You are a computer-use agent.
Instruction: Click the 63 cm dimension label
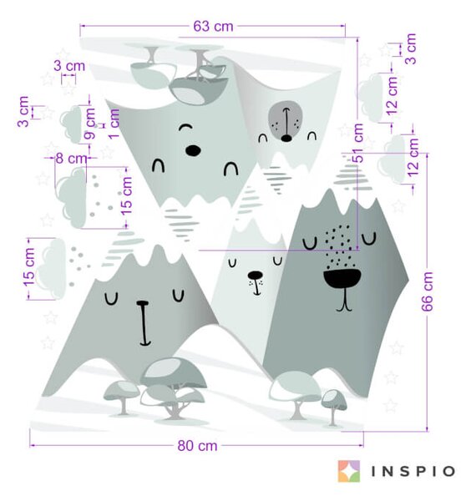click(213, 26)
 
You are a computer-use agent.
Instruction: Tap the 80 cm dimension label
click(197, 445)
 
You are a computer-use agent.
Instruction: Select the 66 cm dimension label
click(428, 291)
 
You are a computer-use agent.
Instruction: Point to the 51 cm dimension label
click(358, 143)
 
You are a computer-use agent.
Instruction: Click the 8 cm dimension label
click(71, 158)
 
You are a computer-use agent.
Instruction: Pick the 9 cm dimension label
click(90, 124)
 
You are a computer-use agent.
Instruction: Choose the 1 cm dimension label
click(114, 124)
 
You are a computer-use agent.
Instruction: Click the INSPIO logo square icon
click(349, 471)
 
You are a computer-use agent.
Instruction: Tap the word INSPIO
click(413, 471)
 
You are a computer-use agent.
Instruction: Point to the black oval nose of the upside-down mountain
click(193, 150)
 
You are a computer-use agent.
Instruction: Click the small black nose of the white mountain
click(256, 275)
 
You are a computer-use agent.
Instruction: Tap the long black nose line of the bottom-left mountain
click(144, 323)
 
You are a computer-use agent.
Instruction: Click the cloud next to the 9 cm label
click(71, 124)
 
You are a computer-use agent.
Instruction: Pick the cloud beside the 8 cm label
click(71, 198)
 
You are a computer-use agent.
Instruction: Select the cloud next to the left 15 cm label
click(51, 269)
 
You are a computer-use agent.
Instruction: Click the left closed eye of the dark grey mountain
click(310, 244)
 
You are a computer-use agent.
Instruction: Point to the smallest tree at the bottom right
click(333, 407)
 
